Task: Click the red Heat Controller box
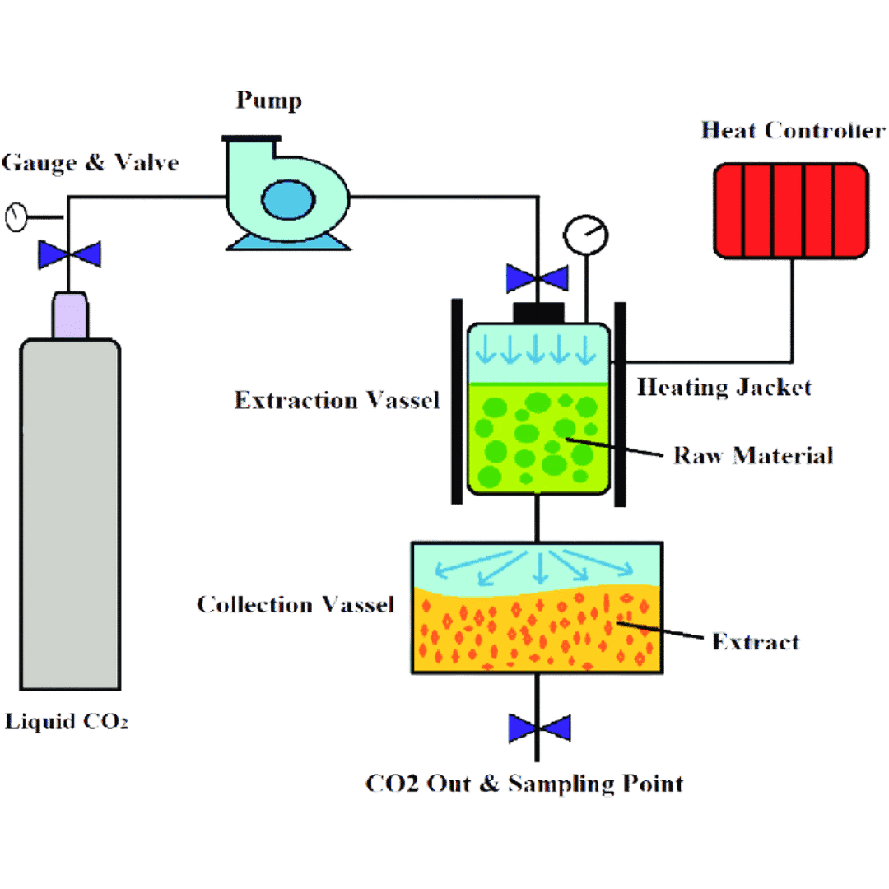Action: point(791,210)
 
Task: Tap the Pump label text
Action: point(268,101)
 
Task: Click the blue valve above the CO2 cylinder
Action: point(70,254)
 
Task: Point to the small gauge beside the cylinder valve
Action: point(16,217)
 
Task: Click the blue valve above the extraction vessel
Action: point(536,278)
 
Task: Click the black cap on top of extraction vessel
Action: point(539,313)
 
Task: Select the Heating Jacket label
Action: point(724,387)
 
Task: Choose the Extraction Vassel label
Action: point(337,401)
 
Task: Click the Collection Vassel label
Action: point(296,604)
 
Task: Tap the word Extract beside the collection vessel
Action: point(756,641)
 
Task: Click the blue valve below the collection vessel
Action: point(539,728)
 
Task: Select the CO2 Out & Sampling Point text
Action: point(524,783)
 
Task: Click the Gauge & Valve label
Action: point(90,162)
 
